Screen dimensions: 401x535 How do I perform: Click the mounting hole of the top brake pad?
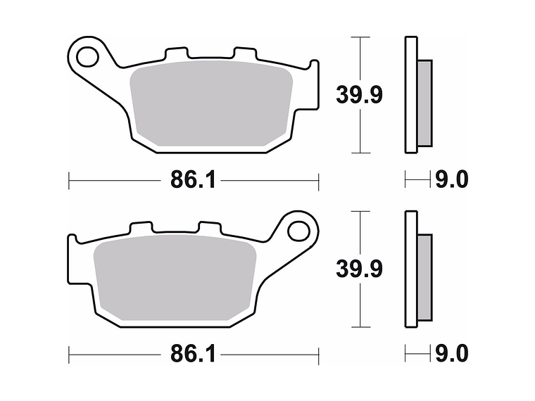pyautogui.click(x=87, y=53)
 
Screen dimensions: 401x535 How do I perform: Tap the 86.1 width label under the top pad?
pyautogui.click(x=191, y=180)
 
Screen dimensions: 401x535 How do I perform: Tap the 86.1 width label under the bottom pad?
pyautogui.click(x=191, y=354)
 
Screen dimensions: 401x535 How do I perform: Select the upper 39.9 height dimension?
pyautogui.click(x=359, y=95)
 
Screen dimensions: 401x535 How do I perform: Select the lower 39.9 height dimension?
pyautogui.click(x=359, y=269)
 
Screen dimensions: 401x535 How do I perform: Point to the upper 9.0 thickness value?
pyautogui.click(x=451, y=180)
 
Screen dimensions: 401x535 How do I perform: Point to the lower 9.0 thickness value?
pyautogui.click(x=451, y=354)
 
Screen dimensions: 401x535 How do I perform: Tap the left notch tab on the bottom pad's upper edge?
pyautogui.click(x=141, y=229)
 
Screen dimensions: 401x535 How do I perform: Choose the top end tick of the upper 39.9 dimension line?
pyautogui.click(x=360, y=37)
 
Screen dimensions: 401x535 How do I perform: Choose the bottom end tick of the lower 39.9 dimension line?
pyautogui.click(x=360, y=327)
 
